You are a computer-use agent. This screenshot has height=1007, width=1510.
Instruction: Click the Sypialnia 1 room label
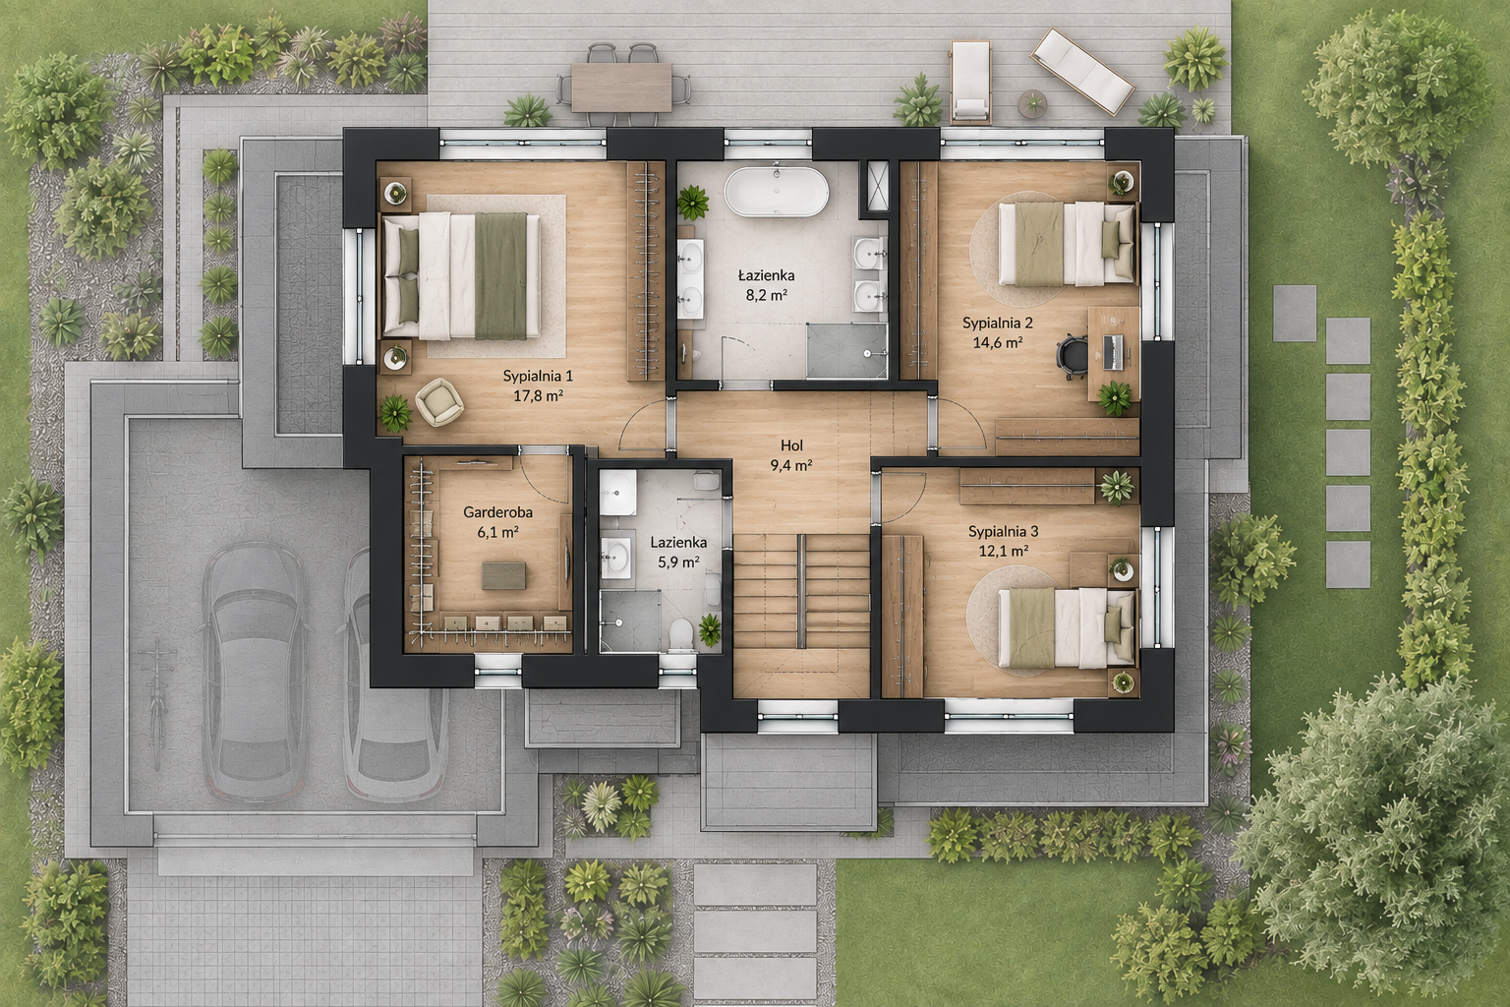(538, 376)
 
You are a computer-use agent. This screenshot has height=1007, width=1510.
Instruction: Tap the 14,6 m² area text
(998, 342)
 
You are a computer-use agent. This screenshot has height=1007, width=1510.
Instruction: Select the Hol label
(791, 445)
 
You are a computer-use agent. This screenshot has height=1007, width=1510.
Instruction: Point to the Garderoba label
(497, 512)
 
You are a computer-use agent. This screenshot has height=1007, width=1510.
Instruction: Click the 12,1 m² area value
(1003, 551)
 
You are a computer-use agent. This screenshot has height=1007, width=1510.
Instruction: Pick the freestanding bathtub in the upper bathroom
(777, 192)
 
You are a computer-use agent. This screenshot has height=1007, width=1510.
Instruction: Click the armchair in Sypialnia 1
(438, 401)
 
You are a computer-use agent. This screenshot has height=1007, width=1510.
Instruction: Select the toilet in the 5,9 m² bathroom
(681, 635)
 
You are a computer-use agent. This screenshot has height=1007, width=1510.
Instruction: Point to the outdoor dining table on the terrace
(621, 87)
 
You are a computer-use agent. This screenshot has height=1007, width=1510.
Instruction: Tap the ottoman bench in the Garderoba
(503, 575)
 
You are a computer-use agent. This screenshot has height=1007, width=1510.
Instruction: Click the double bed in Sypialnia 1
(461, 275)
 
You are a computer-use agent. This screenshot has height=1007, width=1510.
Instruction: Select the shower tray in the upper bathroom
(846, 350)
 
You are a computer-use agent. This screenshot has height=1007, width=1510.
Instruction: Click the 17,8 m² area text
(538, 396)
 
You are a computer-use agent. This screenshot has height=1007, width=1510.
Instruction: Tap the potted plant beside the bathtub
(692, 202)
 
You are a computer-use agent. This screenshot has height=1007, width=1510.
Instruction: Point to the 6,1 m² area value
(497, 531)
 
